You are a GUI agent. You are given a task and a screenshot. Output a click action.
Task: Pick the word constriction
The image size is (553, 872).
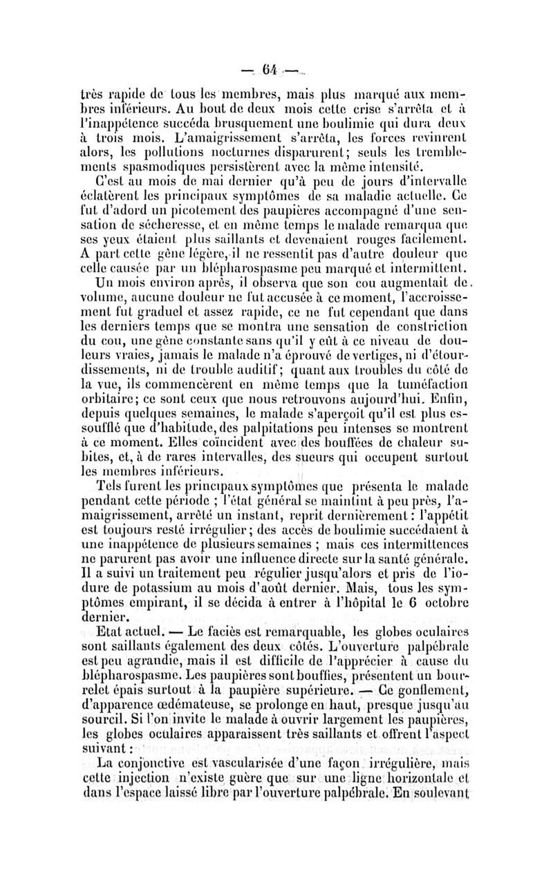pos(416,320)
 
